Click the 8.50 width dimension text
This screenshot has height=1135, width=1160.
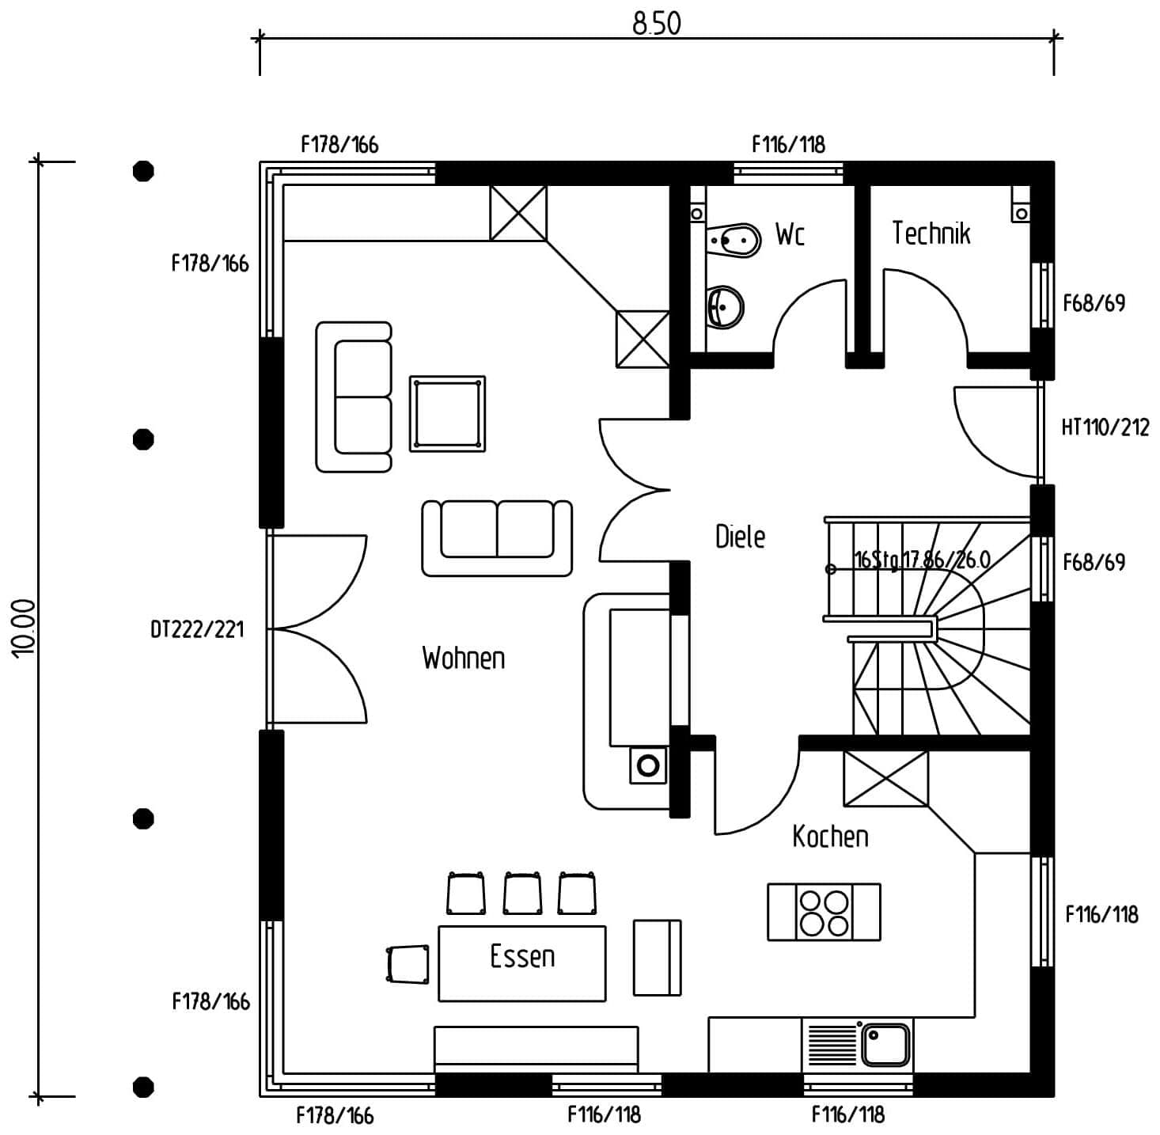656,24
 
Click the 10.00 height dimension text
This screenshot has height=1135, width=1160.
24,628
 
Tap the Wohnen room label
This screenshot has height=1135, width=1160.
463,658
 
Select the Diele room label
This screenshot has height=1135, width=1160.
740,537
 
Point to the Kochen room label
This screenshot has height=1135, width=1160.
830,837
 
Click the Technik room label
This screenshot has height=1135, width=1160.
931,233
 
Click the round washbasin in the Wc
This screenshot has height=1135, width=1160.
726,306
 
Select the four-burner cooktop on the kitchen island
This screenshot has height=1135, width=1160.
824,913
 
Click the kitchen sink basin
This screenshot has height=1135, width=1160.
885,1045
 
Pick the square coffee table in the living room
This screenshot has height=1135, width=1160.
447,414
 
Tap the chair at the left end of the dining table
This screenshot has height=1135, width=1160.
408,964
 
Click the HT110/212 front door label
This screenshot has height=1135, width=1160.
1105,428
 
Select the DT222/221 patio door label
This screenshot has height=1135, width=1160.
197,630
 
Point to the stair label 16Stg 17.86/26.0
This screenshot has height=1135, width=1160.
922,560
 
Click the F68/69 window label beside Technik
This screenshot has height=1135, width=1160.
1094,303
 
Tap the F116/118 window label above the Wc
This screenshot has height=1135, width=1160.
788,145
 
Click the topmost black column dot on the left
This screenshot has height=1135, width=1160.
143,171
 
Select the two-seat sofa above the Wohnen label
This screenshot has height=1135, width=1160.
497,537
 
